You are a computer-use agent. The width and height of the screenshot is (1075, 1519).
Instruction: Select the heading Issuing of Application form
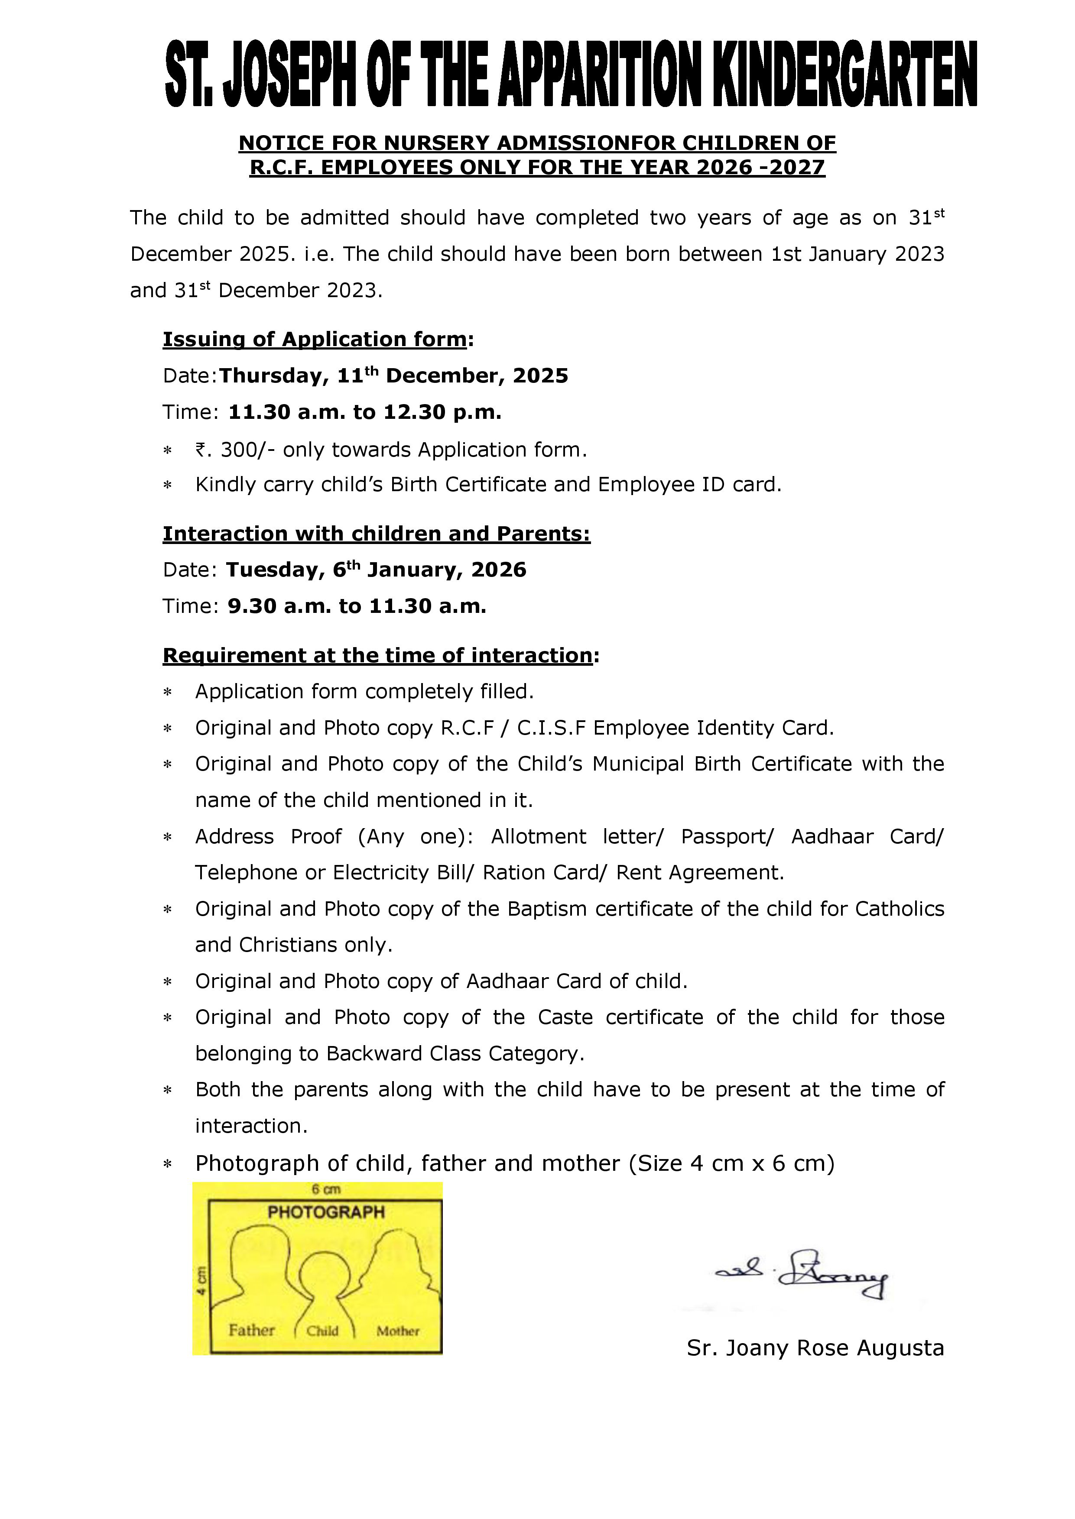coord(315,340)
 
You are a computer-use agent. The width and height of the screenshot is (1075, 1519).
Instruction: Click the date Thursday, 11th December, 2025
coord(393,376)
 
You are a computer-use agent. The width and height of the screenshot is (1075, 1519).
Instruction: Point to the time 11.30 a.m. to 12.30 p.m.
coord(365,412)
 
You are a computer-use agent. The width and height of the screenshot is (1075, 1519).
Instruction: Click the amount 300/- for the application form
coord(242,450)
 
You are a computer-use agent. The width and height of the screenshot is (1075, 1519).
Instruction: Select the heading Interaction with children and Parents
coord(376,534)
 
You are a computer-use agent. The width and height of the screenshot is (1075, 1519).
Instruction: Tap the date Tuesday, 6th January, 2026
coord(376,570)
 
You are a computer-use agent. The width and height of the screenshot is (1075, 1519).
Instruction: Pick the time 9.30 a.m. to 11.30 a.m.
coord(357,606)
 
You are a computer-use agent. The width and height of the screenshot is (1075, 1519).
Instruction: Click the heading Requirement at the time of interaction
coord(378,655)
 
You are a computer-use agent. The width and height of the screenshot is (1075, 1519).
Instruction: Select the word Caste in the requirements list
coord(565,1017)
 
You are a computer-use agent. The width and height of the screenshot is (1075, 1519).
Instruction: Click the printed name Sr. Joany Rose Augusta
coord(815,1347)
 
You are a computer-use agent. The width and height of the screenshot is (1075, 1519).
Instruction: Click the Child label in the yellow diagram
coord(322,1331)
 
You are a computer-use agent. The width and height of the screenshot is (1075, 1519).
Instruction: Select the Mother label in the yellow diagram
coord(398,1331)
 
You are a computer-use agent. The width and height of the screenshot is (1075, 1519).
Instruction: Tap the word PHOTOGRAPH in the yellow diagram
coord(326,1212)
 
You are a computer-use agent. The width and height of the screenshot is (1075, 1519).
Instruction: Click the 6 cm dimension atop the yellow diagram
coord(326,1189)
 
